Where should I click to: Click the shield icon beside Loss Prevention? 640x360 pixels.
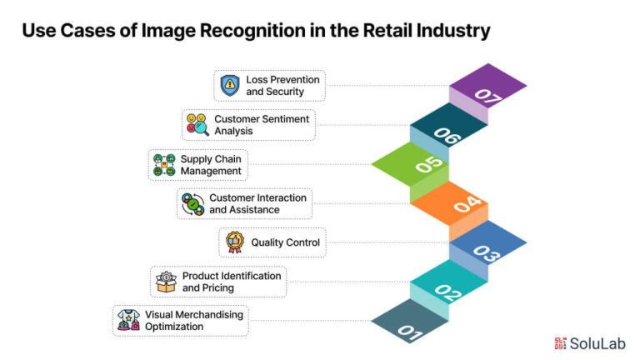click(230, 85)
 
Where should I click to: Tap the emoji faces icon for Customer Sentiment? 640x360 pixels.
click(197, 124)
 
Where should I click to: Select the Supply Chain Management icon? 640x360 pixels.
click(164, 164)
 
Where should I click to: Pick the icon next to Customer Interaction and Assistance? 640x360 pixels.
click(193, 204)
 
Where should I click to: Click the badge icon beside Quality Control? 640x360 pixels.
click(235, 242)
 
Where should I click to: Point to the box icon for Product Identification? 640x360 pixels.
click(166, 282)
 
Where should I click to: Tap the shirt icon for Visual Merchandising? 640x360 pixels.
click(128, 320)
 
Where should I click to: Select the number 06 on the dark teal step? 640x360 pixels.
click(447, 136)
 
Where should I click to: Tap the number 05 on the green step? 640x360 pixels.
click(429, 164)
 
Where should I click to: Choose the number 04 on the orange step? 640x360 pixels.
click(467, 203)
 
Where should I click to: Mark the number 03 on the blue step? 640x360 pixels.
click(487, 253)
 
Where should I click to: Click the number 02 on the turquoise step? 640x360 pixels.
click(447, 292)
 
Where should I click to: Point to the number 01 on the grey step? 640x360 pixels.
click(410, 332)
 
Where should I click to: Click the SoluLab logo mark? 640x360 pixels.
click(560, 343)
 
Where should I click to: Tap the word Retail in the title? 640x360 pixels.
click(387, 31)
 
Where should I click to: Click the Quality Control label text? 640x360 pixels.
click(285, 242)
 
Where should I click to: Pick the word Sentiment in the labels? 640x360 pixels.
click(285, 119)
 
